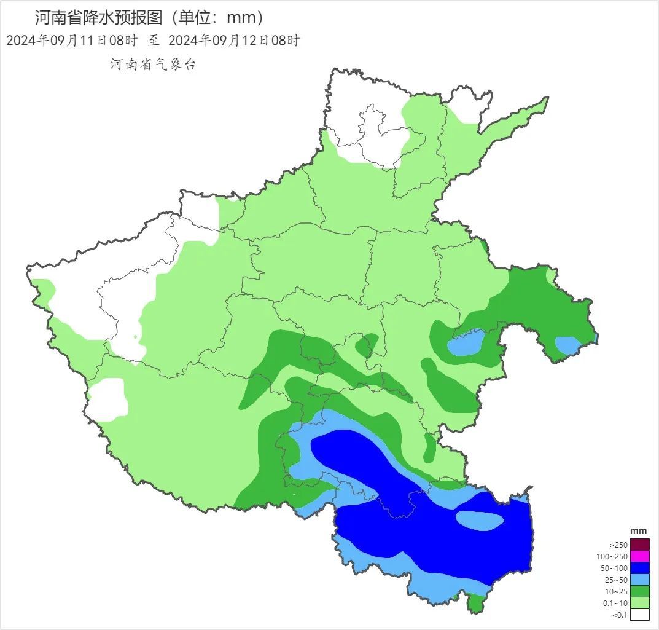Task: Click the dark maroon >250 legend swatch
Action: [x=639, y=545]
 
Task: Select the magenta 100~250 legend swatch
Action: [x=639, y=556]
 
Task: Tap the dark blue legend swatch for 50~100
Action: [x=639, y=568]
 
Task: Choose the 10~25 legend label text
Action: [x=616, y=592]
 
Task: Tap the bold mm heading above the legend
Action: [x=639, y=530]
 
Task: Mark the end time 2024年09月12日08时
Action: [x=233, y=41]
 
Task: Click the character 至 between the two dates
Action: [x=153, y=41]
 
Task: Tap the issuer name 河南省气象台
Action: [x=153, y=65]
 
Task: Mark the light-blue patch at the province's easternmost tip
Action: [x=568, y=345]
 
